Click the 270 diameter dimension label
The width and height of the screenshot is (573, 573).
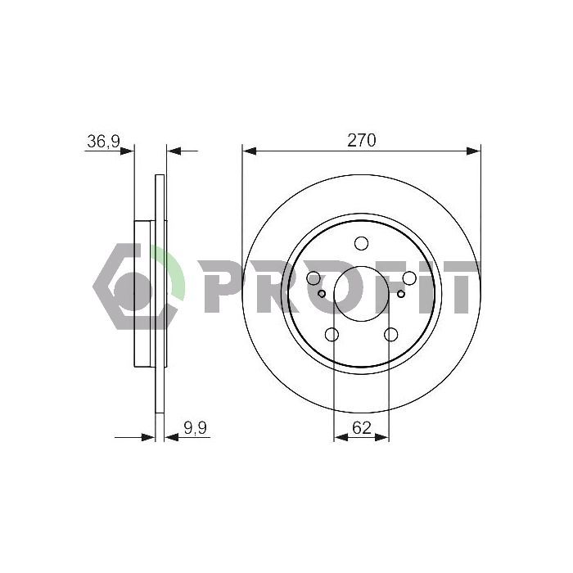point(361,140)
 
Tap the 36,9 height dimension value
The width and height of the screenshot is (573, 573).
point(103,142)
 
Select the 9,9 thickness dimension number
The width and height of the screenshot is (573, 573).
point(195,428)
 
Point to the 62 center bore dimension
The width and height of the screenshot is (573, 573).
point(362,427)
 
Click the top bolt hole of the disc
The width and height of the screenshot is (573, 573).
point(362,243)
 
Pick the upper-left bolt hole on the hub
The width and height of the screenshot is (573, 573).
point(314,278)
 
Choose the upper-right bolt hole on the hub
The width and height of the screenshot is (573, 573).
point(409,278)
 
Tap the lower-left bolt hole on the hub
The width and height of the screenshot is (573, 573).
point(332,334)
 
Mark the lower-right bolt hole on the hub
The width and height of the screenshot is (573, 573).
point(391,334)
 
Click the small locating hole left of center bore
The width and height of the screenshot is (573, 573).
point(322,293)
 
